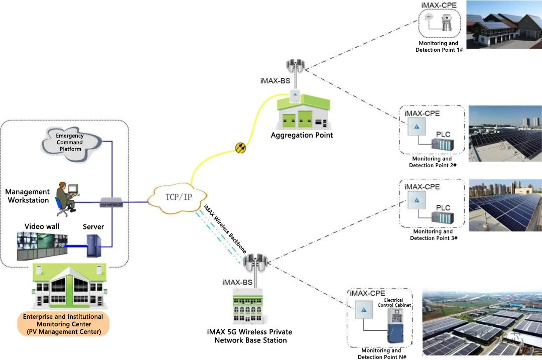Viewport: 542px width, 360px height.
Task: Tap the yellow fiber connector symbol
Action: coord(240,148)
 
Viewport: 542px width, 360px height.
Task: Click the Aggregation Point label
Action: coord(302,135)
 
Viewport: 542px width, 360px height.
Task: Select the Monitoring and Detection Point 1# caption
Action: coord(439,47)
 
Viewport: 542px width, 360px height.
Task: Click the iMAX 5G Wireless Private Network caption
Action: coord(249,336)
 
